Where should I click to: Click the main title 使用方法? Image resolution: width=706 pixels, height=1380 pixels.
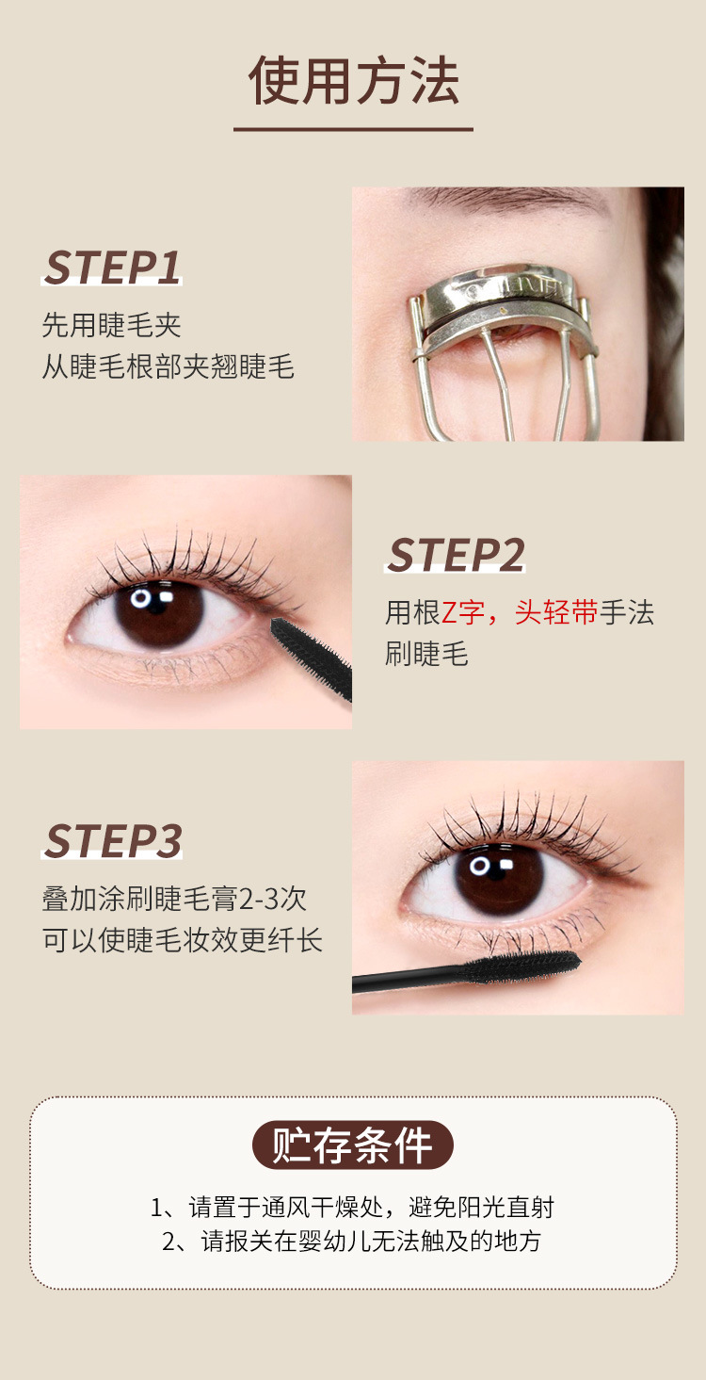coord(353,81)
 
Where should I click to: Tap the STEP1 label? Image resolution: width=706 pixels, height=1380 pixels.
coord(112,268)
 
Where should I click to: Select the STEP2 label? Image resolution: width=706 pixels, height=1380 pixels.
coord(456,555)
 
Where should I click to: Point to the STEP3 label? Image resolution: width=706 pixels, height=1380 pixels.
coord(112,841)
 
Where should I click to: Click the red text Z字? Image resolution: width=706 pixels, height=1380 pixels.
coord(462,612)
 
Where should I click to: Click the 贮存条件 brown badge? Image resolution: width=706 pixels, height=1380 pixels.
coord(353,1145)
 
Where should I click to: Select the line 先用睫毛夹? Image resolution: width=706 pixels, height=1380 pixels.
coord(111,325)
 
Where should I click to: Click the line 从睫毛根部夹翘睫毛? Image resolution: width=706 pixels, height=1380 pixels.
coord(168,365)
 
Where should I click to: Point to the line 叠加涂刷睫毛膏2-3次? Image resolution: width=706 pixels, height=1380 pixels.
coord(174,898)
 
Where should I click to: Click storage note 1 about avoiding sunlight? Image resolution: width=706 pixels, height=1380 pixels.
coord(353,1207)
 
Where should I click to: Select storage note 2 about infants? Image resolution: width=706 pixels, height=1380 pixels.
coord(353,1241)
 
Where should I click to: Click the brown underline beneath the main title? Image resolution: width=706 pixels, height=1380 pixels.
coord(353,128)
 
